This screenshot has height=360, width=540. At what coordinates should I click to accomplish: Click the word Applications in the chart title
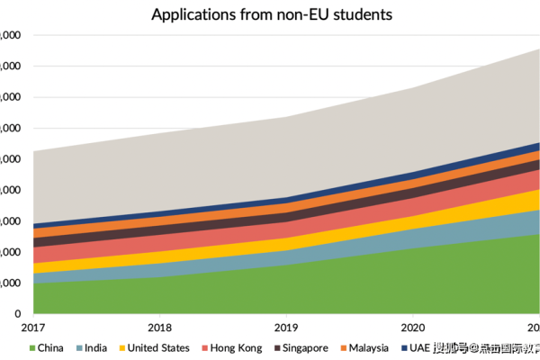tap(191, 15)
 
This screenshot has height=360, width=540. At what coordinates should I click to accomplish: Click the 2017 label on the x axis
tap(33, 328)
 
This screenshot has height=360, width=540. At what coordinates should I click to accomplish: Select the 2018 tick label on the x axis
tap(160, 328)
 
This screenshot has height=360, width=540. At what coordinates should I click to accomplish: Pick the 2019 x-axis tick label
tap(286, 328)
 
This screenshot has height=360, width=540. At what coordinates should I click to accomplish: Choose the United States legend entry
tap(157, 348)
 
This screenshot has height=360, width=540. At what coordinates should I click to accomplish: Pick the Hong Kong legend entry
tap(236, 348)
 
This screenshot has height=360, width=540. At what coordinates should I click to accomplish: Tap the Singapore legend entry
tap(305, 348)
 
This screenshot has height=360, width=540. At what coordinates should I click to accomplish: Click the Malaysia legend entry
tap(368, 348)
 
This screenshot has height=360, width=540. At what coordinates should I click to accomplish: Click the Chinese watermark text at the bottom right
tap(486, 348)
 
